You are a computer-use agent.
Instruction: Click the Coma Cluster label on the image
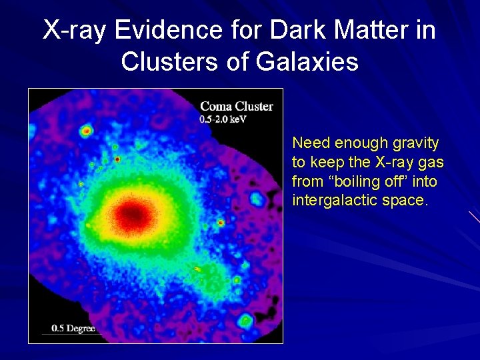click(237, 106)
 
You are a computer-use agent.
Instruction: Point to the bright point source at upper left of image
click(86, 131)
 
